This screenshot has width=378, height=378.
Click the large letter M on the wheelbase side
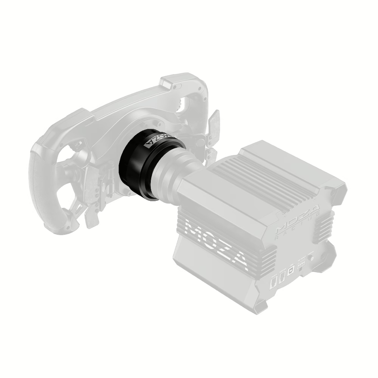195,231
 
